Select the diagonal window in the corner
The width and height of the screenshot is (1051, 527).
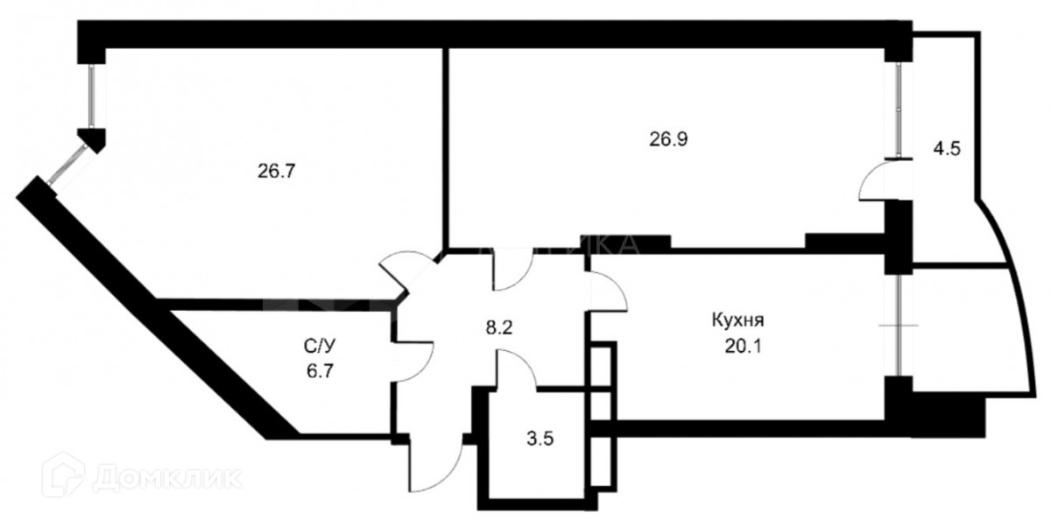click(65, 167)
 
